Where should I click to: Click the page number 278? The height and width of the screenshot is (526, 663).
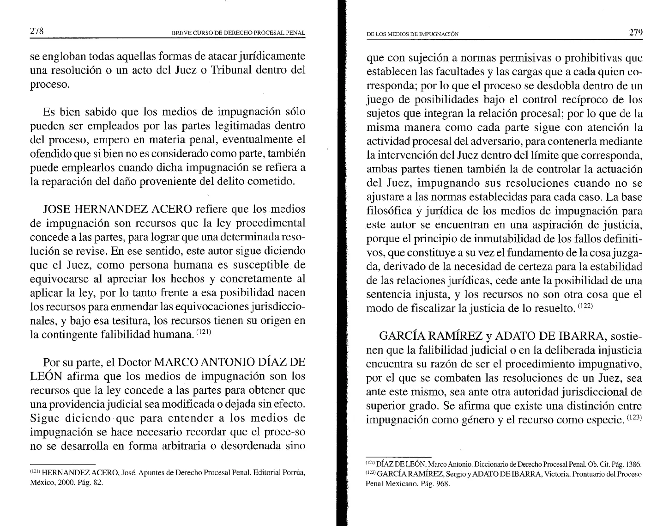[36, 31]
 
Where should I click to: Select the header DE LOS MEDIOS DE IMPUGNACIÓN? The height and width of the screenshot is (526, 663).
[412, 34]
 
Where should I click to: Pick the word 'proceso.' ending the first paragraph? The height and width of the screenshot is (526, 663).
[50, 85]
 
